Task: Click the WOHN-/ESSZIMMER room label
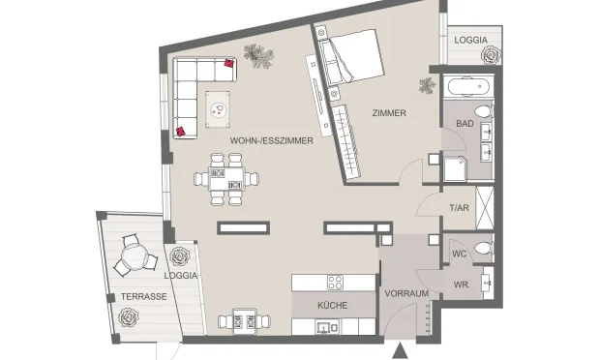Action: coord(271,141)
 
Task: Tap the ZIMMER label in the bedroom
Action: coord(389,113)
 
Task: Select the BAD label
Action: coord(465,125)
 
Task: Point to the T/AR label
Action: coord(459,208)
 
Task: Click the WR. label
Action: coord(462,285)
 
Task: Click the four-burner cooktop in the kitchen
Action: coord(335,283)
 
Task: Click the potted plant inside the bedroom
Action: coord(426,85)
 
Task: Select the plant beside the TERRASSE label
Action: coord(127,316)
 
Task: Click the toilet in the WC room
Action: coord(482,247)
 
